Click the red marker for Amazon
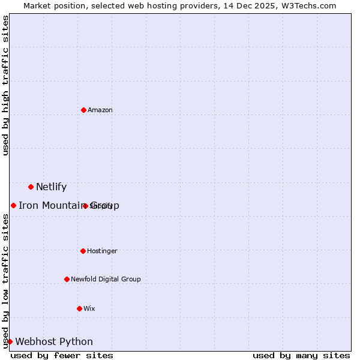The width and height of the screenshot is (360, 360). point(83,110)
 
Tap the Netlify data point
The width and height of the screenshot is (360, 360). point(31,187)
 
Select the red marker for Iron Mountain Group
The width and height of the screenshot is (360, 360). point(13,205)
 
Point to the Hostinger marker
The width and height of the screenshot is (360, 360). point(83,251)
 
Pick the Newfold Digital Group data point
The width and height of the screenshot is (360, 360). point(67,279)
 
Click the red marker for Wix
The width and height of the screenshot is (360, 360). point(79,308)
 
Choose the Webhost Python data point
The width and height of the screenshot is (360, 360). point(10,341)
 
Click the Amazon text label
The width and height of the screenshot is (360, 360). point(100,110)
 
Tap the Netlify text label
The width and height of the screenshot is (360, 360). point(51,187)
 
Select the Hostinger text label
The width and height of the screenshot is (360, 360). point(102,251)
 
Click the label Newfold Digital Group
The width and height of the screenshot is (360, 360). point(106,279)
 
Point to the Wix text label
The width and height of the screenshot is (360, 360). point(89,308)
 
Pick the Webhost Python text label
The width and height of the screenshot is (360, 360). point(54,341)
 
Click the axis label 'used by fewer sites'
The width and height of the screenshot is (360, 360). point(62,355)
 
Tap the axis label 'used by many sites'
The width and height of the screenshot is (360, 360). point(301,355)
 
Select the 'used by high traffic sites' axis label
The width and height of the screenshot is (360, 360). point(5,85)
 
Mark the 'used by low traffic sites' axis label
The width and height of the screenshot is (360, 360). point(5,281)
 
